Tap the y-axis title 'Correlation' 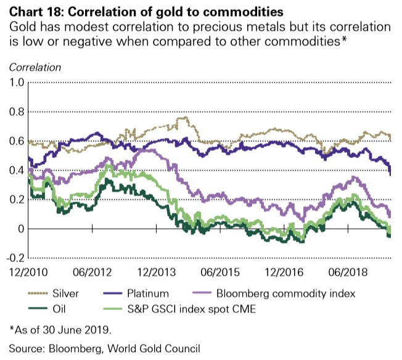click(34, 66)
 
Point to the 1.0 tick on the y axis click(15, 83)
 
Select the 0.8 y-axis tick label click(15, 112)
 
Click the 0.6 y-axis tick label click(15, 141)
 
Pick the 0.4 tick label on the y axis click(15, 171)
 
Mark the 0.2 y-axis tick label click(15, 200)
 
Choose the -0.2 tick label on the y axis click(14, 258)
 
